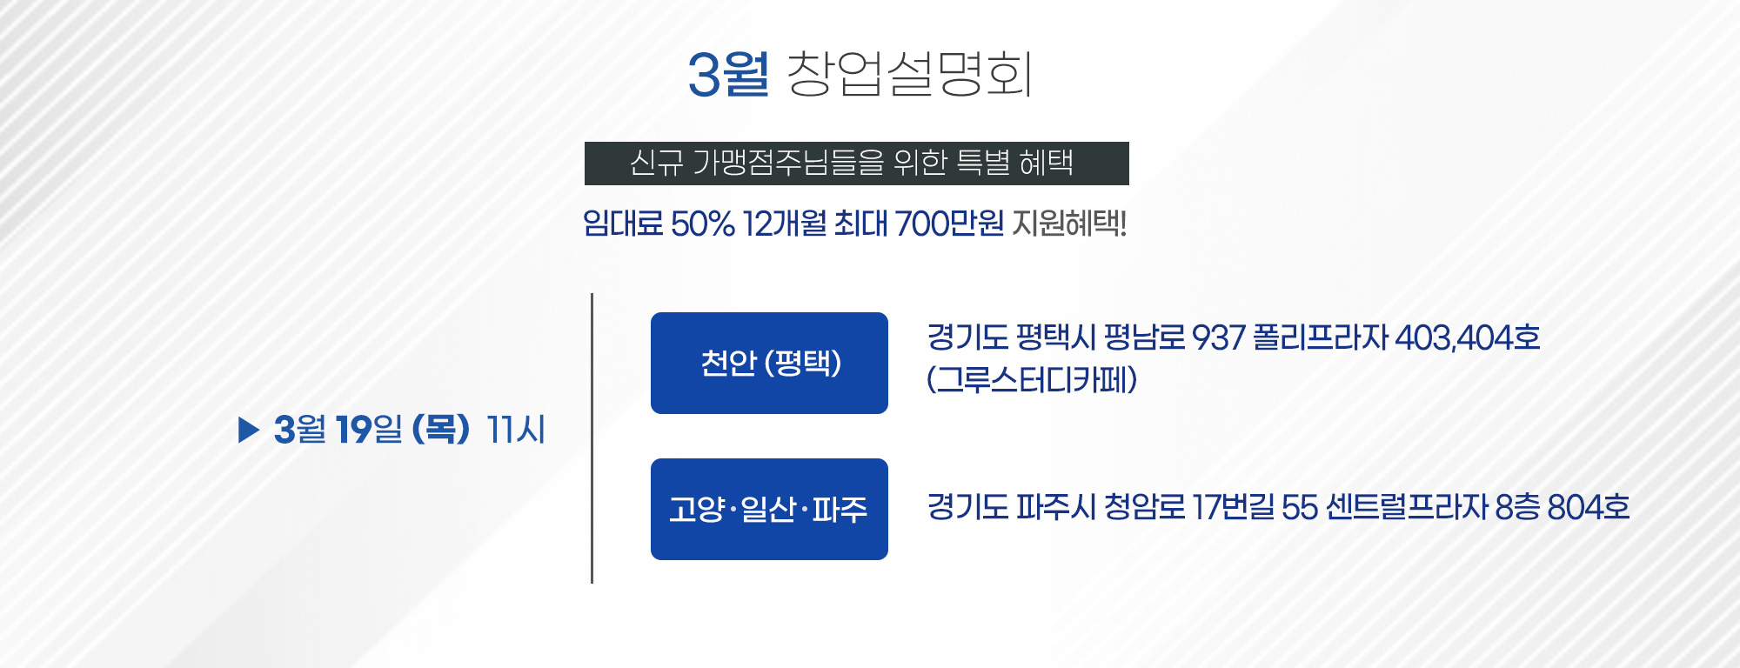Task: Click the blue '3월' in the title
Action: point(728,73)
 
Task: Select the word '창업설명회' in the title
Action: point(910,73)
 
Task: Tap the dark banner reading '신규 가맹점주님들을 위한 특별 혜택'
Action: point(856,164)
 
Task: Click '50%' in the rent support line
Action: point(703,224)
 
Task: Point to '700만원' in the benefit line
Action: point(949,224)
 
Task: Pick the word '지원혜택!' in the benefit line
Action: point(1069,224)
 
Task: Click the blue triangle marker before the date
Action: point(249,430)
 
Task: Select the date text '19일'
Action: point(369,430)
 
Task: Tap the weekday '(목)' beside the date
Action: point(441,430)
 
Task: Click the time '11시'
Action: point(516,430)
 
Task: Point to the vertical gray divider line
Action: point(592,438)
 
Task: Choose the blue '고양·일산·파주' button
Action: point(769,509)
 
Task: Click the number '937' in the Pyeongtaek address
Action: point(1218,337)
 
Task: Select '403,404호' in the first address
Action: point(1468,337)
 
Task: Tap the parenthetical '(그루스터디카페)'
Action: point(1032,379)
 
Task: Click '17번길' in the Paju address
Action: point(1233,507)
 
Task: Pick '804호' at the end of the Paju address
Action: point(1589,507)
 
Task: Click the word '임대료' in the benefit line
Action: point(623,224)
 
